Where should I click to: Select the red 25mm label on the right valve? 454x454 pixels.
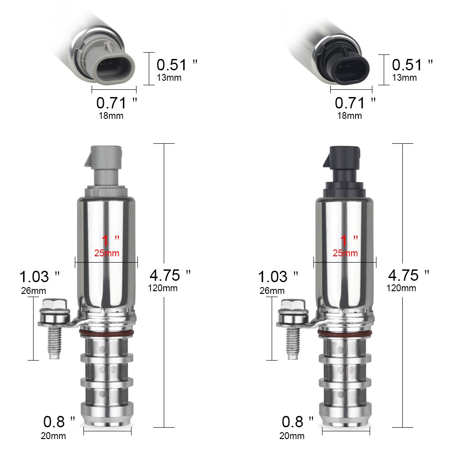[345, 253]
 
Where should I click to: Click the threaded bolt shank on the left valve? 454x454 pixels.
[54, 343]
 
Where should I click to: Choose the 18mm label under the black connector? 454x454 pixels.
[350, 115]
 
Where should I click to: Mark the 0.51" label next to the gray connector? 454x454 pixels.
[177, 65]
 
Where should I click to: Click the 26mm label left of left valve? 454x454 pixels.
[33, 291]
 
